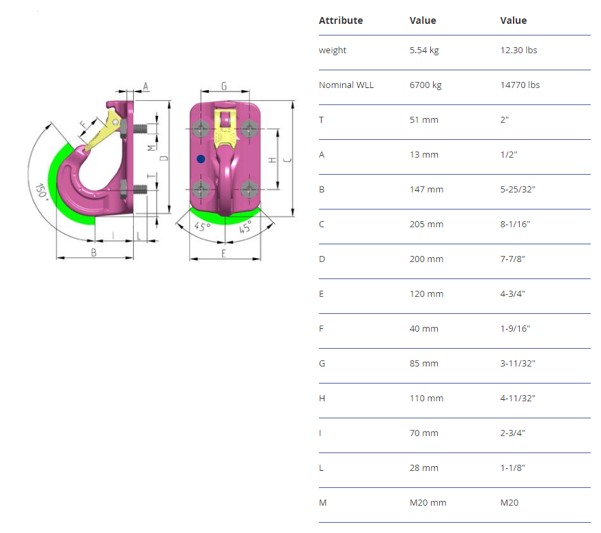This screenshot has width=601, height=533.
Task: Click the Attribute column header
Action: pyautogui.click(x=340, y=20)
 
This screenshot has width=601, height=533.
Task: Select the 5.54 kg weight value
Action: pyautogui.click(x=424, y=50)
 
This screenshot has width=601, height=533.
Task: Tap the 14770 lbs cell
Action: pyautogui.click(x=520, y=85)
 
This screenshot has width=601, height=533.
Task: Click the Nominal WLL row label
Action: pyautogui.click(x=346, y=85)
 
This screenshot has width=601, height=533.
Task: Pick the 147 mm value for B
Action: pyautogui.click(x=426, y=190)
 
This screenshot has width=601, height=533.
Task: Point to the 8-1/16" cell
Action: pyautogui.click(x=515, y=225)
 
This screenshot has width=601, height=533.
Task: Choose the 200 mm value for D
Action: pyautogui.click(x=426, y=259)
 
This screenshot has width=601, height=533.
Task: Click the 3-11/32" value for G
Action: pyautogui.click(x=518, y=363)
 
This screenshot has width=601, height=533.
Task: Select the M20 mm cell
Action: pyautogui.click(x=428, y=503)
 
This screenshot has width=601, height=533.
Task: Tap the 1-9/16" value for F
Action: pyautogui.click(x=515, y=328)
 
